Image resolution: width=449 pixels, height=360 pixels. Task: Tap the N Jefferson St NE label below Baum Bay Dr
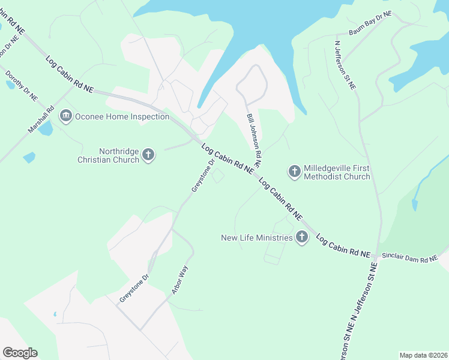click(345, 65)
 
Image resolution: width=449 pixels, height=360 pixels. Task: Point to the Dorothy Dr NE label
click(22, 86)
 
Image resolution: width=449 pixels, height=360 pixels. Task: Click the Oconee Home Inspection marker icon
click(66, 115)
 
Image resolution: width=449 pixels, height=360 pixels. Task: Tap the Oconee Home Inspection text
click(122, 116)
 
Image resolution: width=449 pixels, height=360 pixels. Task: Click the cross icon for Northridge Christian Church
click(148, 156)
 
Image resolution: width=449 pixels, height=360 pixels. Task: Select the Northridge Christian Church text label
click(109, 156)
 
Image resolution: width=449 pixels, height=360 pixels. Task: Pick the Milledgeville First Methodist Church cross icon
click(294, 172)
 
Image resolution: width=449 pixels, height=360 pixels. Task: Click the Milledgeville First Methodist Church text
click(337, 172)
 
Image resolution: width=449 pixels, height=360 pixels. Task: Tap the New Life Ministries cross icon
click(301, 238)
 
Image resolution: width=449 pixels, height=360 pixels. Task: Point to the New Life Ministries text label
click(257, 238)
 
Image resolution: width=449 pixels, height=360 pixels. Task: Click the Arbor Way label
click(179, 280)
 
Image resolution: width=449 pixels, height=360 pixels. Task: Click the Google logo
click(20, 353)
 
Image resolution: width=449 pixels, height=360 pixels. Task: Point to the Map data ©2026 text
click(423, 355)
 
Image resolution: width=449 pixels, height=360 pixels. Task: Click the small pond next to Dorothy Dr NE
click(11, 85)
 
